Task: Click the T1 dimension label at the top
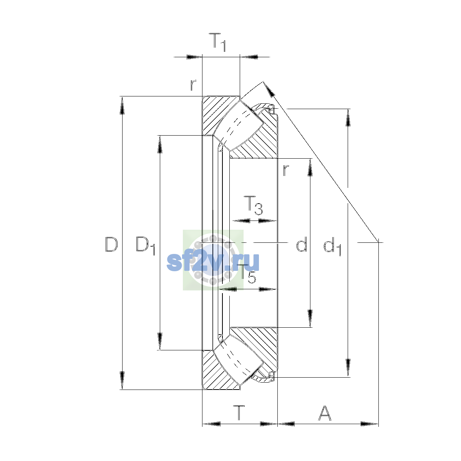(x=217, y=42)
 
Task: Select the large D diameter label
(x=111, y=244)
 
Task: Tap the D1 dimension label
(x=146, y=246)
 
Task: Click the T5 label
(x=248, y=274)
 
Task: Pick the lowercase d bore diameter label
(x=302, y=244)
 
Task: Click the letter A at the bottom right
(x=325, y=413)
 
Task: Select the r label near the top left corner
(x=193, y=85)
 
